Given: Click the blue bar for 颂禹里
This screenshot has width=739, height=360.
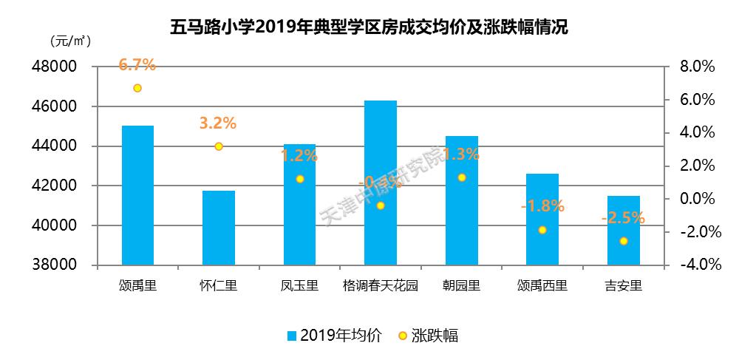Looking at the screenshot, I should [x=137, y=195].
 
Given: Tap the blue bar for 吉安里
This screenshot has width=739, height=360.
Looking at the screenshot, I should [x=623, y=230].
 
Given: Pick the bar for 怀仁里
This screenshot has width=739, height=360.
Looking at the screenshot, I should [x=219, y=228].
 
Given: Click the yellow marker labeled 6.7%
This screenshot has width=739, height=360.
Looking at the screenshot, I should [x=137, y=88].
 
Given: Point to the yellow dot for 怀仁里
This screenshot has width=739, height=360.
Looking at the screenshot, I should [x=219, y=146].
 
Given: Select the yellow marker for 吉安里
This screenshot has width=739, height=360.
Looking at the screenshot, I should [x=624, y=241].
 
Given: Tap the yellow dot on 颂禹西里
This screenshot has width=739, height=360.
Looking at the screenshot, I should [x=542, y=230].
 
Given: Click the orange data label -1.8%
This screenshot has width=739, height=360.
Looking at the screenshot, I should [x=542, y=206].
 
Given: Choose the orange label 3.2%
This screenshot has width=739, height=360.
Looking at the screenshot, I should [x=218, y=123].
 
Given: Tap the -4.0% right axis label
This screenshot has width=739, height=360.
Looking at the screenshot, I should [x=695, y=265].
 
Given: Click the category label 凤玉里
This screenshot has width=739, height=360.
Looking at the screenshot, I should [x=299, y=286].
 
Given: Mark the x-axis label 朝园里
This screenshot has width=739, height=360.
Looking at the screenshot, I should [x=461, y=286].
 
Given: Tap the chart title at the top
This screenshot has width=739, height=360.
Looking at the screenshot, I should [x=369, y=27].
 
